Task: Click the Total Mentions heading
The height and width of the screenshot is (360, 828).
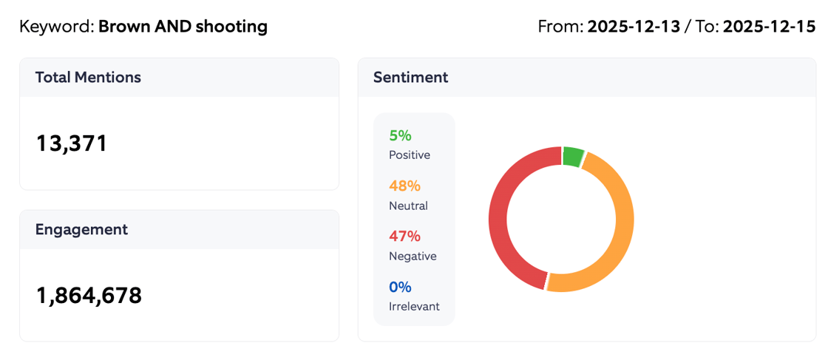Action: click(x=88, y=77)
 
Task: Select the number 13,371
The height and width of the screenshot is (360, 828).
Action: click(x=72, y=143)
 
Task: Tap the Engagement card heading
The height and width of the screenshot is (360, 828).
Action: click(x=81, y=229)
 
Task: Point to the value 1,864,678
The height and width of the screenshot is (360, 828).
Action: click(x=89, y=295)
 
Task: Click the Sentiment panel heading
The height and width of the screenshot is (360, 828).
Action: click(x=410, y=77)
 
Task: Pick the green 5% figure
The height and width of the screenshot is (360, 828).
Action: click(x=400, y=135)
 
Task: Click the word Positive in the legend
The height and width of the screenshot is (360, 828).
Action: click(x=409, y=155)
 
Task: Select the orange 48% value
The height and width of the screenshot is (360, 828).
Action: click(x=404, y=186)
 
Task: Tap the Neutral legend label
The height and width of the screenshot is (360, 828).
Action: click(x=408, y=206)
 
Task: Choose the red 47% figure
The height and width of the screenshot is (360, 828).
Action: click(x=404, y=236)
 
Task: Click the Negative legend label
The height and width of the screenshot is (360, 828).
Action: click(x=413, y=256)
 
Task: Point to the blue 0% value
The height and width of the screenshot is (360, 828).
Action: click(x=400, y=286)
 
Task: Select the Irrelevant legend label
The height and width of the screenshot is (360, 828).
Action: click(x=414, y=306)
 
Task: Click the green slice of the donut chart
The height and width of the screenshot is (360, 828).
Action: click(x=573, y=156)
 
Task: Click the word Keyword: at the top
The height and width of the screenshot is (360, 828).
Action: click(x=57, y=27)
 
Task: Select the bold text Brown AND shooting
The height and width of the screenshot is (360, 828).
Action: click(x=183, y=27)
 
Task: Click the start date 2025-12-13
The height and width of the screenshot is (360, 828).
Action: click(x=634, y=27)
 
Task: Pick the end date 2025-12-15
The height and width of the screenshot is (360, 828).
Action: click(x=769, y=27)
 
